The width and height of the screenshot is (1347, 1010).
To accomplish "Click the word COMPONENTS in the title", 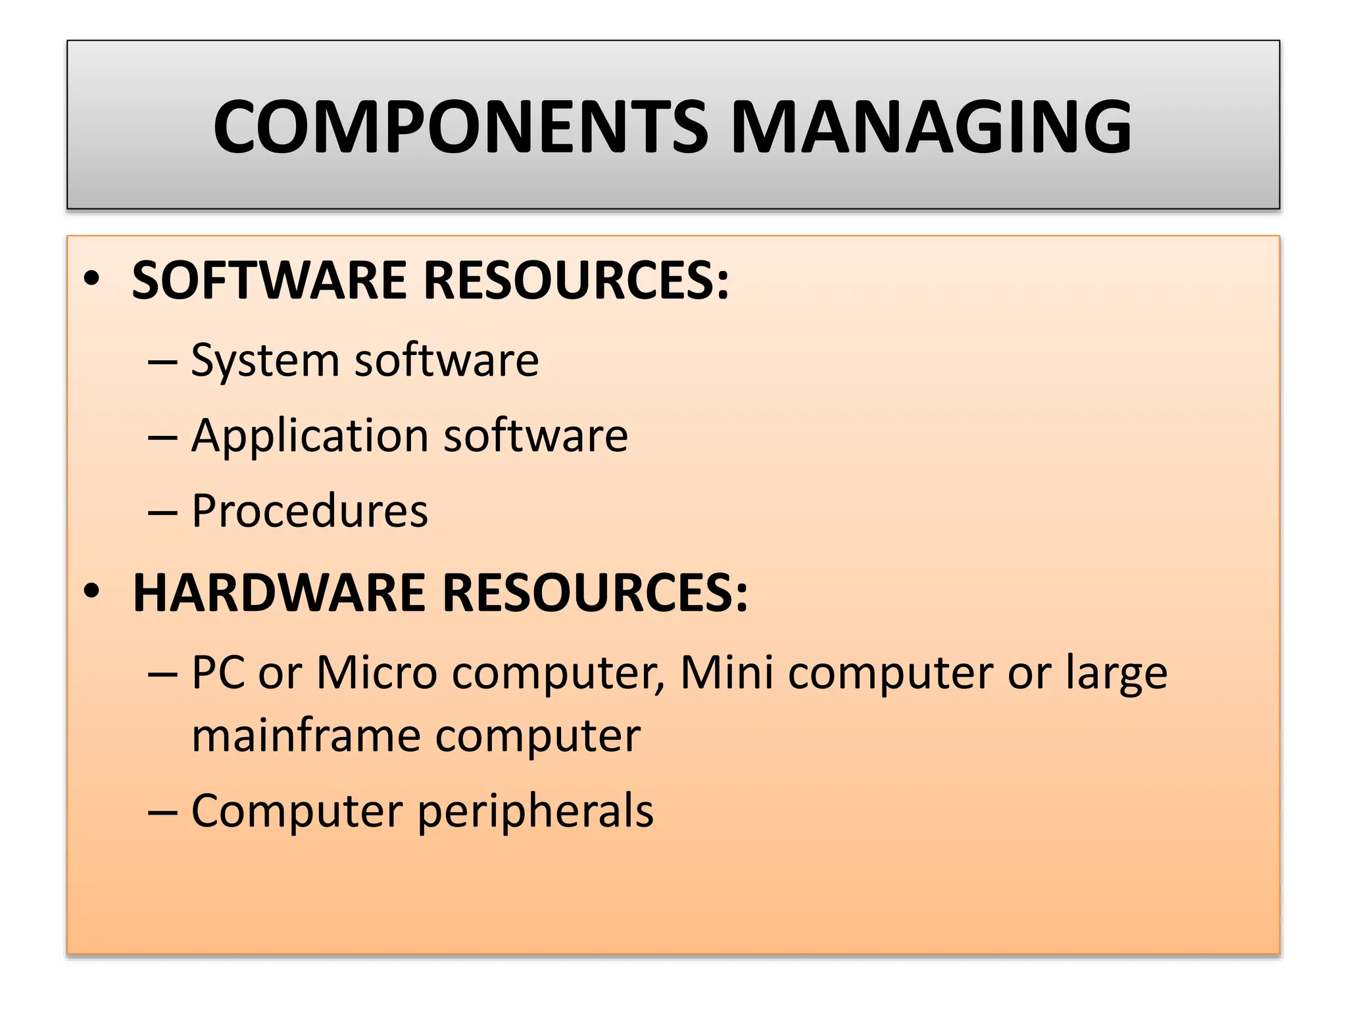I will (x=461, y=127).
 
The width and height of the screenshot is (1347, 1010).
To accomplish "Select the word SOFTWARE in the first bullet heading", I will (x=269, y=280).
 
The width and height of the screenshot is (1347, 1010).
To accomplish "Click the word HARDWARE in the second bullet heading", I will (x=279, y=592).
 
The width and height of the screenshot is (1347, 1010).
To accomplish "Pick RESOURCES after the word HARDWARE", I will (x=595, y=592).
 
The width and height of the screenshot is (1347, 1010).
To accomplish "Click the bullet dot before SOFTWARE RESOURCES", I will (x=92, y=279).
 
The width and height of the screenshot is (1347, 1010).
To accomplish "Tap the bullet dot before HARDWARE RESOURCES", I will (x=92, y=591).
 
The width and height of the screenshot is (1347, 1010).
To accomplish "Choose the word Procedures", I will (x=309, y=511).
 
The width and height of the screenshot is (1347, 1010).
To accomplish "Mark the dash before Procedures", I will (x=162, y=512).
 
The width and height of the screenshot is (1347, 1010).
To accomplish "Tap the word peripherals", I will (x=535, y=812).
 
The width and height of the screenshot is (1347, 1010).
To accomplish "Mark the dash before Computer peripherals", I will (x=162, y=812).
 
